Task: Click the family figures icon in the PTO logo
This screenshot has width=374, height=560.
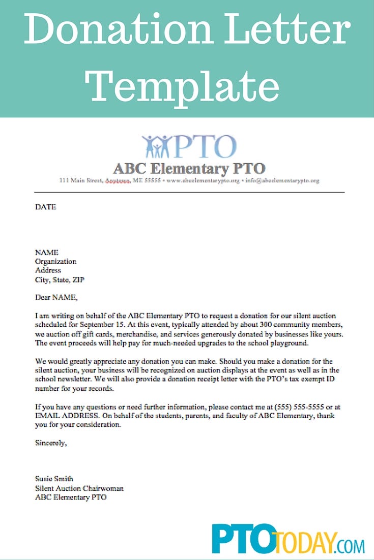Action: pyautogui.click(x=157, y=146)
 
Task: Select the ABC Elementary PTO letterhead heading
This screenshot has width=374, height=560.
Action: pyautogui.click(x=189, y=168)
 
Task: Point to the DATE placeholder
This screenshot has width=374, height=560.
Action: pyautogui.click(x=45, y=207)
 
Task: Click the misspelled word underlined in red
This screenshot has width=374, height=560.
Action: pyautogui.click(x=118, y=180)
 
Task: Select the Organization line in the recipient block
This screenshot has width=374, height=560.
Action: pyautogui.click(x=55, y=261)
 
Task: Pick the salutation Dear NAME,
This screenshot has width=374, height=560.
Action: pyautogui.click(x=56, y=297)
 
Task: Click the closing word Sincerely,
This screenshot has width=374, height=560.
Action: pyautogui.click(x=51, y=443)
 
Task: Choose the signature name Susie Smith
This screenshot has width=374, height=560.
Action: pyautogui.click(x=54, y=479)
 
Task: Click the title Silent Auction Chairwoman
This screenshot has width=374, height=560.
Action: pyautogui.click(x=79, y=488)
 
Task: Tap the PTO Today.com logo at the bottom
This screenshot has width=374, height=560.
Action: pyautogui.click(x=288, y=539)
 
